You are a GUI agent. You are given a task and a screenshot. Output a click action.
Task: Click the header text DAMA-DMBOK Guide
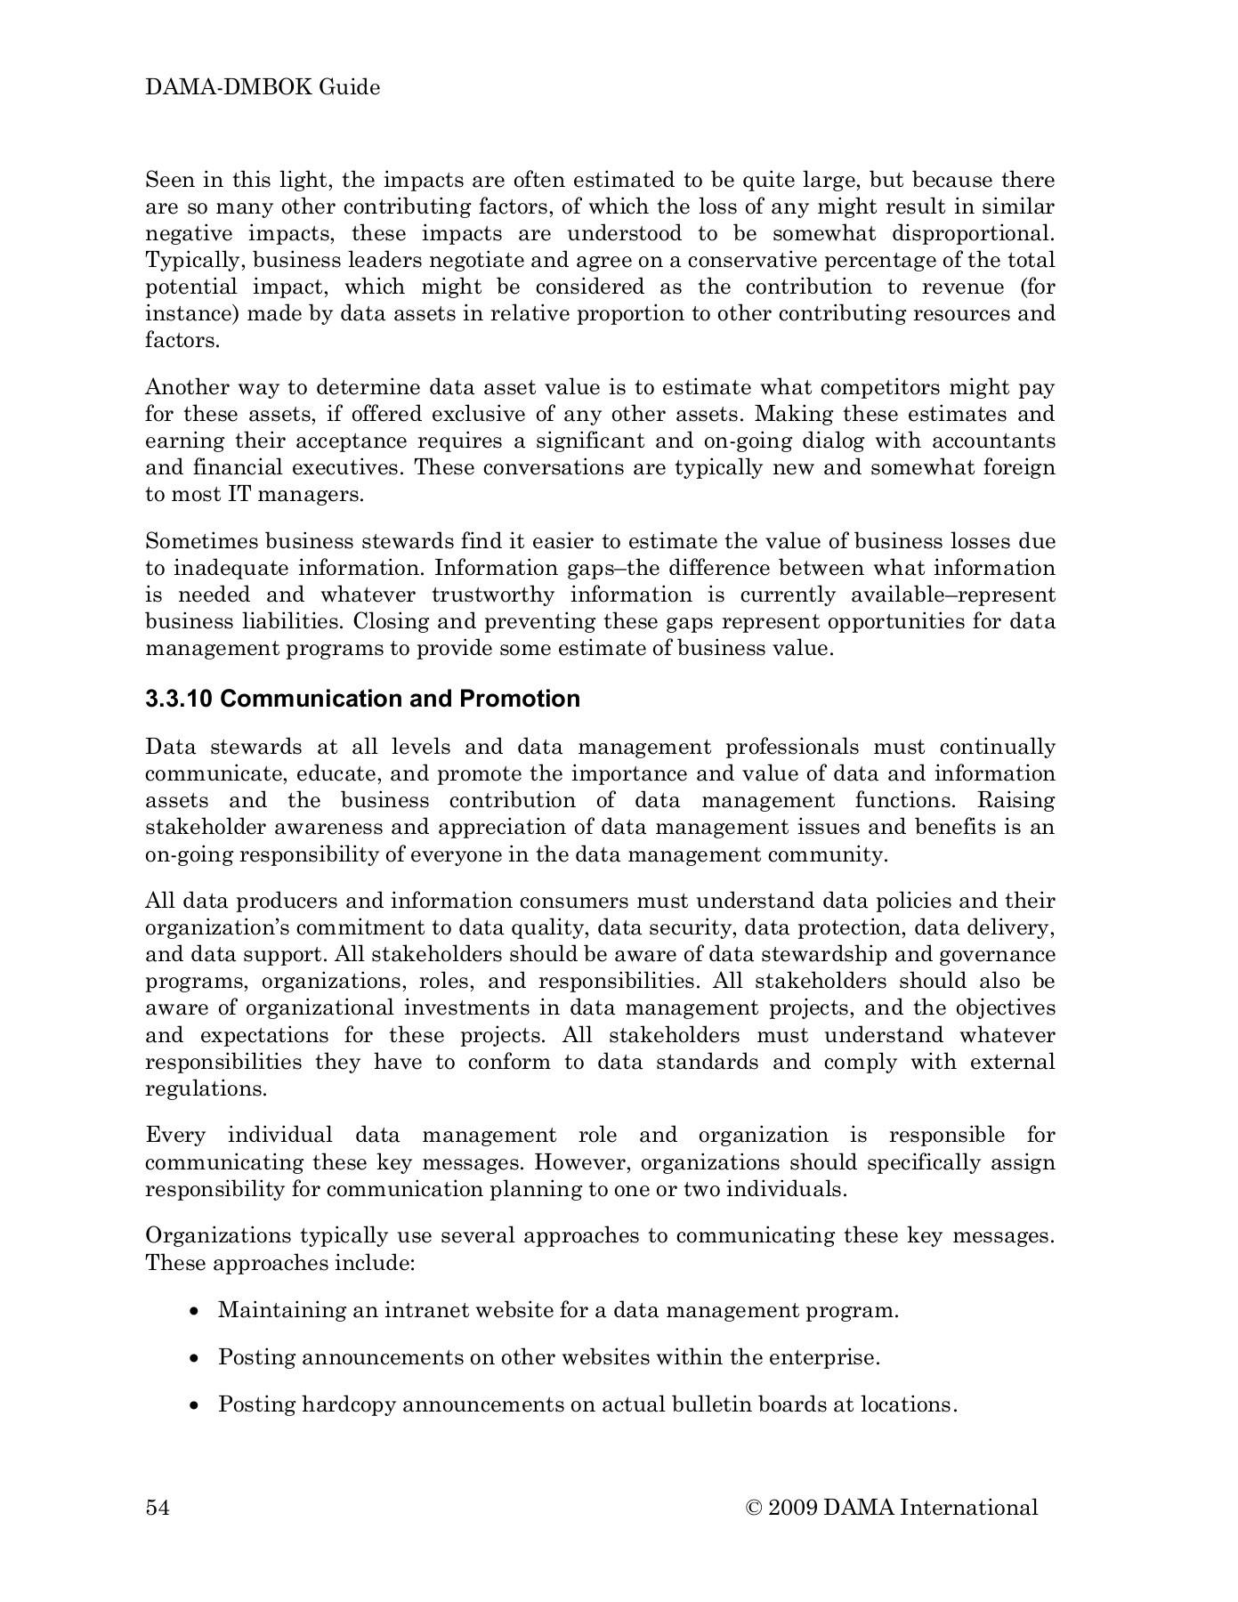coord(263,87)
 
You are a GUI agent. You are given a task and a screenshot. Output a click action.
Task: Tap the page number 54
coord(158,1507)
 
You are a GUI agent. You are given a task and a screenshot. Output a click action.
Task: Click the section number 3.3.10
coord(178,699)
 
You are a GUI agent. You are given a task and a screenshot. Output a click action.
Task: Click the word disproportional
coord(965,233)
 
